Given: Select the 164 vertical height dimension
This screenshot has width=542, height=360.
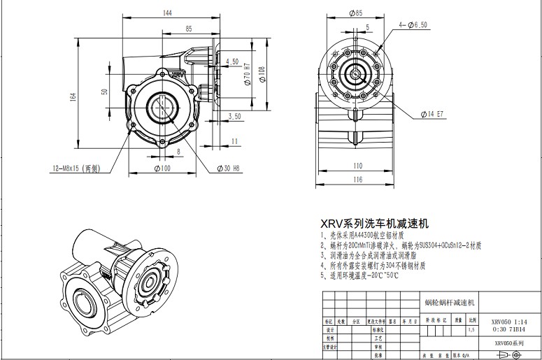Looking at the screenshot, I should [x=72, y=97].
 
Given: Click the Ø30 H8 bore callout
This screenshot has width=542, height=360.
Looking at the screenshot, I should [x=229, y=168].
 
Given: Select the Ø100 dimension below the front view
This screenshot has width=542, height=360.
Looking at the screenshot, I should [x=162, y=168].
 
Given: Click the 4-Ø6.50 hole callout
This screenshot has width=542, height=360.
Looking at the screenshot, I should [x=413, y=24].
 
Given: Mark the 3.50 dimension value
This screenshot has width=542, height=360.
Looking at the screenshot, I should [x=234, y=116].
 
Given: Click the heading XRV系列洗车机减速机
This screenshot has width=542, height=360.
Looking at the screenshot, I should [x=374, y=224].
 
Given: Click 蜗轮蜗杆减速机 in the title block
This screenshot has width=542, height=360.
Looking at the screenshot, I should [x=450, y=303].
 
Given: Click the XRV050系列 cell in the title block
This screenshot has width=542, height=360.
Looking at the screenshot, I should [x=509, y=343].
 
